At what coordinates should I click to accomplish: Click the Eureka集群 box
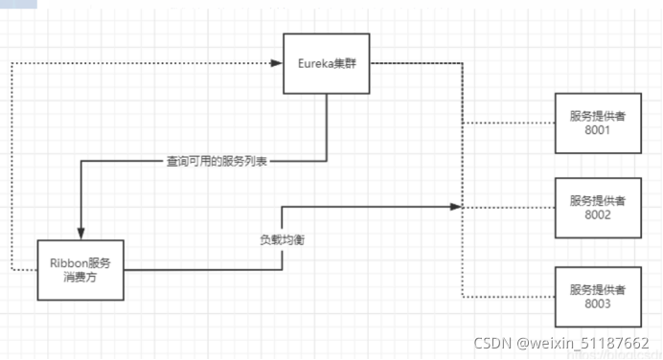pos(327,63)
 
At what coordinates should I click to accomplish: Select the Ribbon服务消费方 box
pos(81,269)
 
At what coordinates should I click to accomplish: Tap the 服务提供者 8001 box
pos(597,124)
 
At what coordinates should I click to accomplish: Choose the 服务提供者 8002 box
pos(597,208)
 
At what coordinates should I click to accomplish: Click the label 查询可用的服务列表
pos(216,162)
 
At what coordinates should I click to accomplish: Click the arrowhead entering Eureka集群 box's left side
pos(277,63)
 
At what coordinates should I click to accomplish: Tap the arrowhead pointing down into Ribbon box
pos(80,234)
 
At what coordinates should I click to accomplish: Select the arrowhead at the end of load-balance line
pos(458,207)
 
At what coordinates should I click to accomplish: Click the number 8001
pos(597,131)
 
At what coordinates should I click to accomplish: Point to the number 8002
pos(597,215)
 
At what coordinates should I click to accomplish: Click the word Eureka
pos(314,63)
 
